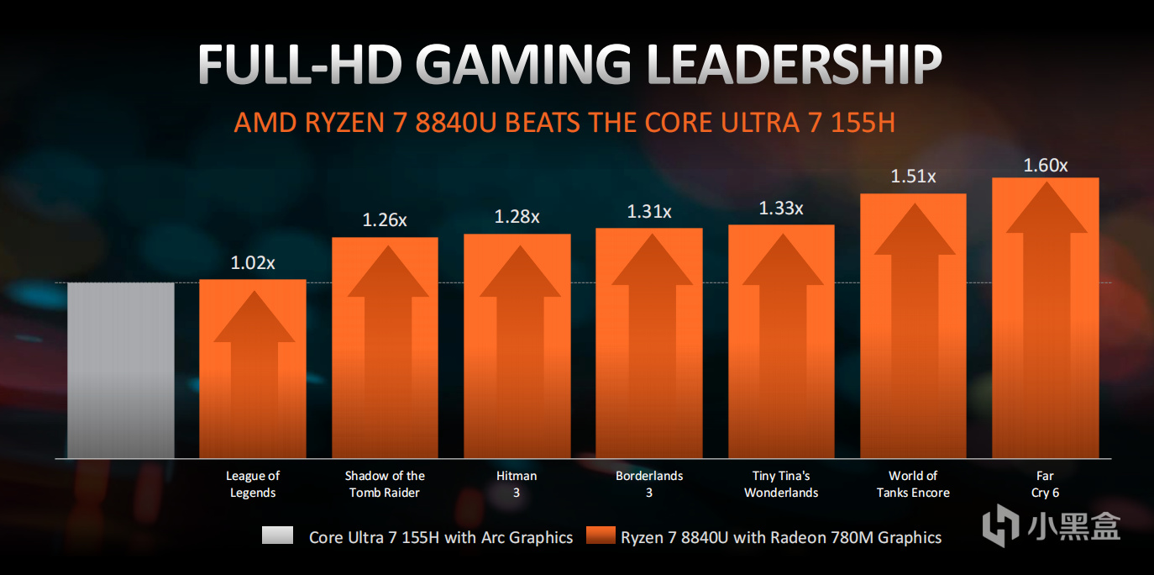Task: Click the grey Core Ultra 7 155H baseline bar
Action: click(120, 370)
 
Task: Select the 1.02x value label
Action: click(253, 263)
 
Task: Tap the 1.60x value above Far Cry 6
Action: click(1045, 165)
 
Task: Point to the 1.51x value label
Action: click(913, 177)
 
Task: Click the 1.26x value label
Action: click(385, 220)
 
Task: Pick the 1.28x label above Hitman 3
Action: click(517, 216)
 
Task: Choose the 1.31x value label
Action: click(648, 211)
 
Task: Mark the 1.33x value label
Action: click(780, 208)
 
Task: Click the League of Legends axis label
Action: click(253, 484)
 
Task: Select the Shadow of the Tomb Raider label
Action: click(385, 484)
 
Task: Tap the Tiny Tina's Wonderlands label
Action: click(781, 484)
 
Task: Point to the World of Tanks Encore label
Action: click(913, 484)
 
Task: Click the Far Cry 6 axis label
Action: click(1045, 484)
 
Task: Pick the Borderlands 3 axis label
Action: click(648, 484)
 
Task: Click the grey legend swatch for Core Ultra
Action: click(277, 536)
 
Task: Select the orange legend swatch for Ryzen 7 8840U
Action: click(601, 536)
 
